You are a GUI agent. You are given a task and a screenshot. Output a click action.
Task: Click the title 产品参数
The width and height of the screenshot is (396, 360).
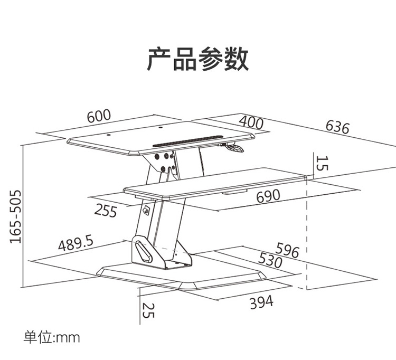click(x=198, y=59)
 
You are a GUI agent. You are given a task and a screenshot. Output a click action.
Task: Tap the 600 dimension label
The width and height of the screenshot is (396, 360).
click(x=99, y=116)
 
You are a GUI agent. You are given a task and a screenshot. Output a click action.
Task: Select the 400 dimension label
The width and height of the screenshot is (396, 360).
click(x=251, y=122)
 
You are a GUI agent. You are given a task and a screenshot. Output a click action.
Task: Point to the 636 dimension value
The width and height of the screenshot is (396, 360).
click(x=338, y=127)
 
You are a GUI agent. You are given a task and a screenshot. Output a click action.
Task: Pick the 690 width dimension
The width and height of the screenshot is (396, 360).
click(x=268, y=196)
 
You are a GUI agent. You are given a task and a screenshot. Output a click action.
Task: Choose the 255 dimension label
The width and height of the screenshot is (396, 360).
click(x=106, y=211)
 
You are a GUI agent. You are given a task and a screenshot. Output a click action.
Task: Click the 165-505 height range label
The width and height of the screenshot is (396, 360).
click(x=15, y=217)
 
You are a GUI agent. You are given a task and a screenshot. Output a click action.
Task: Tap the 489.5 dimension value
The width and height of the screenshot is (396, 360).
click(x=76, y=243)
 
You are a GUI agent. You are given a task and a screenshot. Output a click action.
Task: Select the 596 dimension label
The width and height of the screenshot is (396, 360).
click(x=287, y=250)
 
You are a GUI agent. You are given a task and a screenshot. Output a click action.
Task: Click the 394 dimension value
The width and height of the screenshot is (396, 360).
click(x=262, y=302)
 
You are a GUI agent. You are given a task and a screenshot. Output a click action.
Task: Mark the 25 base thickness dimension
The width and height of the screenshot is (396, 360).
click(x=148, y=310)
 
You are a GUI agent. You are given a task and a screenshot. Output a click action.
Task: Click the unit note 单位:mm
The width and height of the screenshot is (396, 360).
click(x=52, y=337)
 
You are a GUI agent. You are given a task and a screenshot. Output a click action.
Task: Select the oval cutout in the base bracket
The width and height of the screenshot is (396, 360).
click(x=144, y=251)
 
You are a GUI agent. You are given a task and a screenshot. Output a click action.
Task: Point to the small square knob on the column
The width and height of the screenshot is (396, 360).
click(x=146, y=210)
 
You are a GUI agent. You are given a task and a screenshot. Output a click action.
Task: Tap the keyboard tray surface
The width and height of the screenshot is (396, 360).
click(x=215, y=183)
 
